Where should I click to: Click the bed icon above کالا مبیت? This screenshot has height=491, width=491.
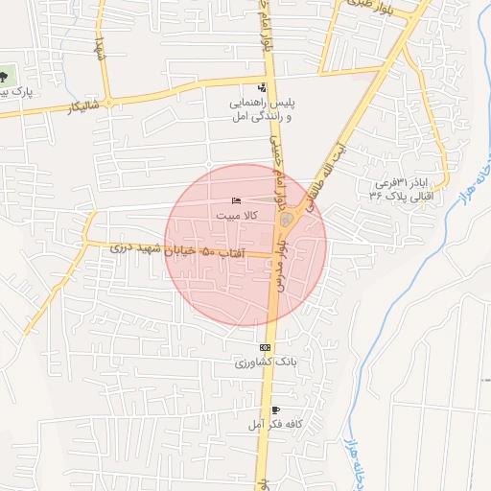pyautogui.click(x=236, y=200)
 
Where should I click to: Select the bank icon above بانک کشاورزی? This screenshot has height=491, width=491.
pyautogui.click(x=265, y=347)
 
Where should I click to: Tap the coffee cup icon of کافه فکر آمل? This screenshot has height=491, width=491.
pyautogui.click(x=275, y=409)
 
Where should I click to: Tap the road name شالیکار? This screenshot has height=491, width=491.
pyautogui.click(x=83, y=106)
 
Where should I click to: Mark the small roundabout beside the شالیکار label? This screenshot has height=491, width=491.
pyautogui.click(x=109, y=101)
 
